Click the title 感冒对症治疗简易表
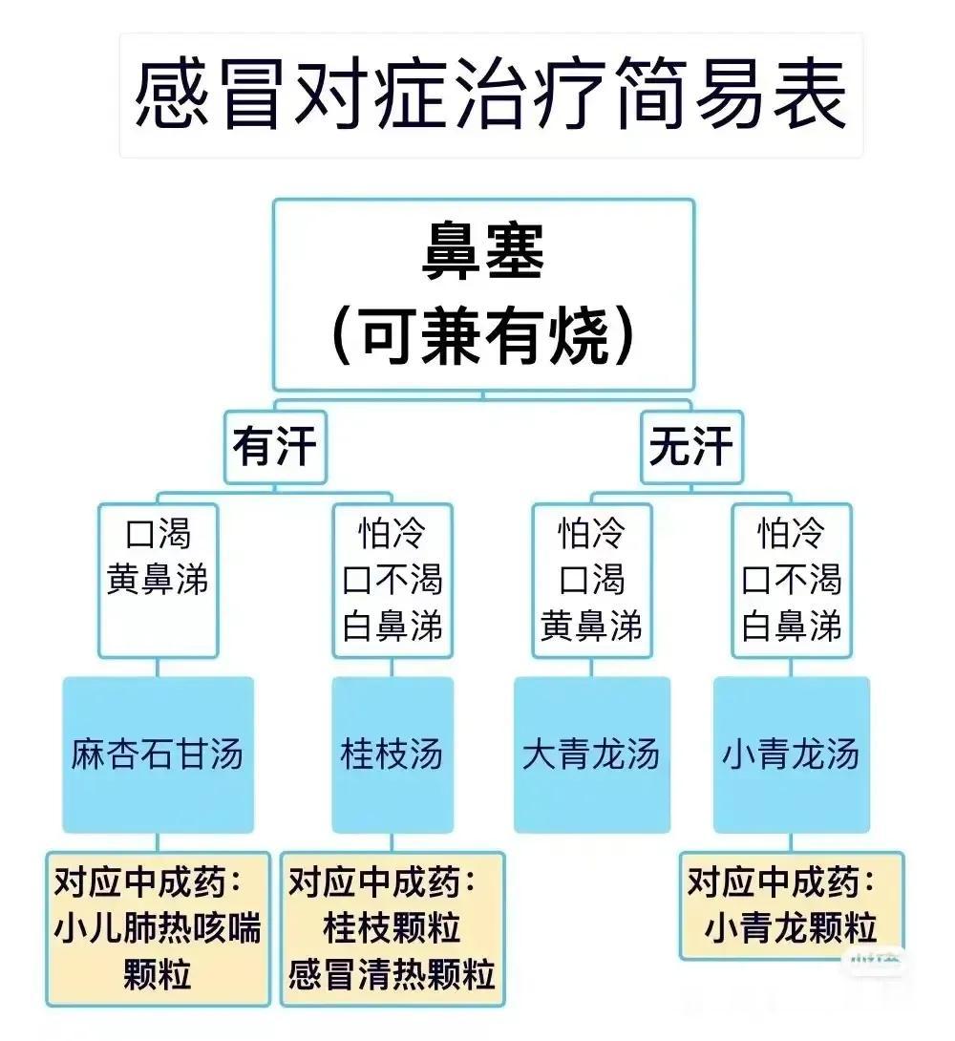(490, 95)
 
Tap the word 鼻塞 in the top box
(483, 252)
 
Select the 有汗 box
(275, 446)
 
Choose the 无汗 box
(691, 446)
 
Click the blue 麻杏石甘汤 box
(158, 754)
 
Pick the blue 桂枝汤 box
(393, 754)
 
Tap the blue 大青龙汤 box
(592, 754)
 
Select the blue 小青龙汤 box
(791, 754)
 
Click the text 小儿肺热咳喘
(158, 928)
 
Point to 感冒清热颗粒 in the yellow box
(393, 974)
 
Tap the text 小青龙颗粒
(791, 928)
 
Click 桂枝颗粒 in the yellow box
(393, 928)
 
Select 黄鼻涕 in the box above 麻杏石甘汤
(158, 579)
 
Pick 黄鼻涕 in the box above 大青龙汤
(592, 626)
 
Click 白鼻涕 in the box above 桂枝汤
(393, 626)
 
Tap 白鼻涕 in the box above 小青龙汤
(791, 626)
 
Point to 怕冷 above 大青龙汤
(592, 533)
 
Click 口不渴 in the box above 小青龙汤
(791, 579)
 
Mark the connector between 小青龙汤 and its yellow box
(791, 842)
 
